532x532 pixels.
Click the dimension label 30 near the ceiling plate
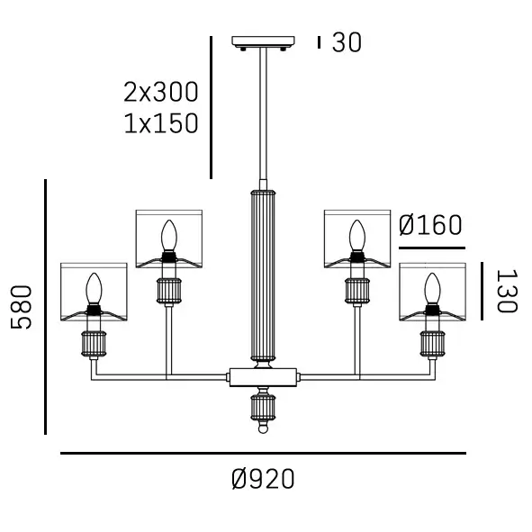click(347, 42)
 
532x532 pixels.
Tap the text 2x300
click(161, 92)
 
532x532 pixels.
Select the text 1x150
click(161, 123)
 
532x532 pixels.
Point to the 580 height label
click(22, 307)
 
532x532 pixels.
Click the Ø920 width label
click(263, 479)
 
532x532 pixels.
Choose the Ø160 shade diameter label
click(429, 225)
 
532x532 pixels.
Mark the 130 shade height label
click(506, 291)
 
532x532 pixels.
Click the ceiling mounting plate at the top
click(264, 41)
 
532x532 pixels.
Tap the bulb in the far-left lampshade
click(92, 289)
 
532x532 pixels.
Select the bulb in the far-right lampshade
click(433, 289)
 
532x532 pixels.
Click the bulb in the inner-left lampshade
click(167, 237)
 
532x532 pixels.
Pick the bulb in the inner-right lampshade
click(357, 237)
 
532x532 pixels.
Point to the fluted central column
click(263, 275)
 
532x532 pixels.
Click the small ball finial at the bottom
click(263, 428)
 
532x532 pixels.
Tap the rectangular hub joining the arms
click(263, 375)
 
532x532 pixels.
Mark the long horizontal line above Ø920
click(263, 454)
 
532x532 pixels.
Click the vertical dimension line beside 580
click(45, 307)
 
